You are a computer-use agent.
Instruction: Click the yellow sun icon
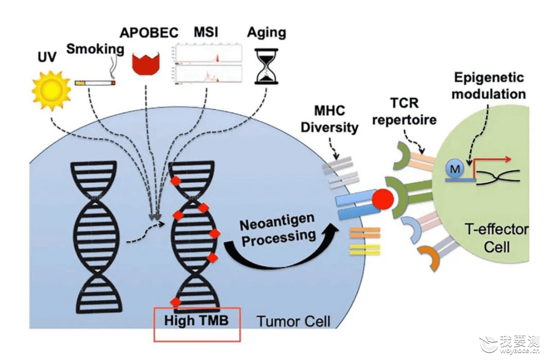[x=51, y=90]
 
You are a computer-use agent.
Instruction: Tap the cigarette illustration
[x=95, y=83]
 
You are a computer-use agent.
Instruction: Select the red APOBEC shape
[x=146, y=63]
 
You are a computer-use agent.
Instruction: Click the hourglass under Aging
[x=266, y=66]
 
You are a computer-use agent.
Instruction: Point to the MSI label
[x=205, y=32]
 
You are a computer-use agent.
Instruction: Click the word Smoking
[x=95, y=48]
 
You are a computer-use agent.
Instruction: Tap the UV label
[x=47, y=57]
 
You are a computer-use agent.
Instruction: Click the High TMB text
[x=196, y=321]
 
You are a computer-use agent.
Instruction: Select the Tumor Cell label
[x=293, y=321]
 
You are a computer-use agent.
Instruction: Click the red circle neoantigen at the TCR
[x=383, y=199]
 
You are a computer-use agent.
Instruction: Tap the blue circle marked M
[x=455, y=168]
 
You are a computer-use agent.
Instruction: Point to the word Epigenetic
[x=489, y=77]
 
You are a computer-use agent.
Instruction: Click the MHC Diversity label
[x=329, y=118]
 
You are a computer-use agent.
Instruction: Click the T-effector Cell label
[x=496, y=238]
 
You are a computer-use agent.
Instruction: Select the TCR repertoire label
[x=404, y=111]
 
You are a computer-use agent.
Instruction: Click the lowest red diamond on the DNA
[x=176, y=302]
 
